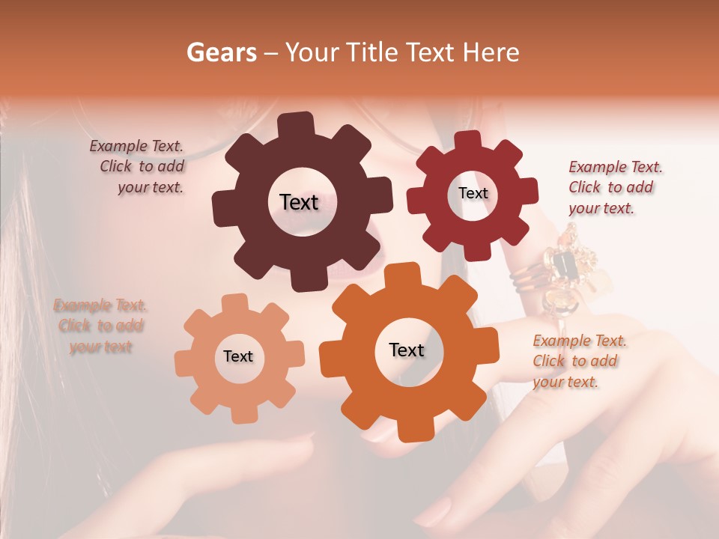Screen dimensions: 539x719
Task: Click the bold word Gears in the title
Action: coord(221,52)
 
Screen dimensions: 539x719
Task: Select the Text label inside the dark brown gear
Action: coord(299,202)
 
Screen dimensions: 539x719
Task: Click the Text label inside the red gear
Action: coord(473,193)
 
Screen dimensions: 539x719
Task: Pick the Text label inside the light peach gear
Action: coord(238,357)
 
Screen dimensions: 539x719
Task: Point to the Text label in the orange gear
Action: coord(407,350)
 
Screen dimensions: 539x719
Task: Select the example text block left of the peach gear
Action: coord(100,326)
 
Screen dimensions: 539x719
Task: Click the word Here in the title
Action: coord(492,52)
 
